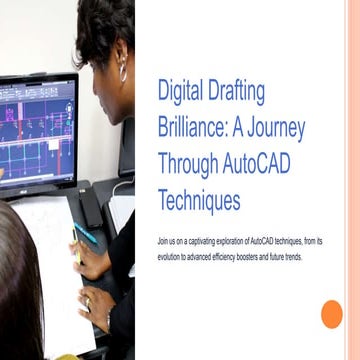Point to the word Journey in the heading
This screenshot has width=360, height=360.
pos(273,129)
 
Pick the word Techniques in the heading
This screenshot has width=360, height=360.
pos(199,200)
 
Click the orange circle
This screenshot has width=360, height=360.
pos(331,314)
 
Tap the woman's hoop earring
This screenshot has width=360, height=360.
pos(123,72)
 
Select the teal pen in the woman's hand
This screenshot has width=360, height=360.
pos(86,236)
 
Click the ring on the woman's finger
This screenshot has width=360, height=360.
pos(86,299)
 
